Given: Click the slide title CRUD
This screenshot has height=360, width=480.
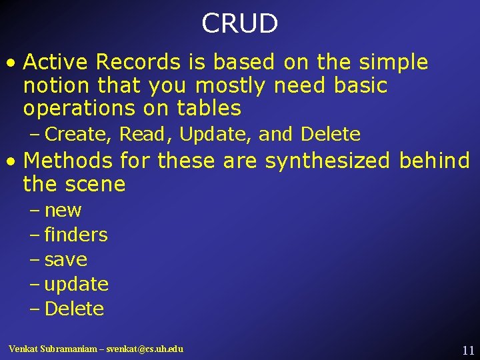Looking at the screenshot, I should click(239, 24).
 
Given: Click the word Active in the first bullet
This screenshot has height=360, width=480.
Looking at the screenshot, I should click(56, 62).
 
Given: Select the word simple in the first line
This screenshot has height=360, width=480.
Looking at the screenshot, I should click(393, 62).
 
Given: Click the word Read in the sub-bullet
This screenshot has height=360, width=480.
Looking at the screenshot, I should click(143, 135).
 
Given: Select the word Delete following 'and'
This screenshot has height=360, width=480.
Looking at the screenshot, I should click(331, 135).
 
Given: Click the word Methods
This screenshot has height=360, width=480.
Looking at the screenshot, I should click(68, 161).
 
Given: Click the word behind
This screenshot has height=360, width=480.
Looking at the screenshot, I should click(434, 161).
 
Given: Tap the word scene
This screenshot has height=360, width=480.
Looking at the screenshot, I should click(93, 184).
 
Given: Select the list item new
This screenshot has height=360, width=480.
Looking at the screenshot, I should click(63, 211).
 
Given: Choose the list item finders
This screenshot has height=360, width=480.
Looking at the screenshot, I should click(75, 235).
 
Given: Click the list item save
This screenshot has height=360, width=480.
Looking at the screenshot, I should click(65, 259).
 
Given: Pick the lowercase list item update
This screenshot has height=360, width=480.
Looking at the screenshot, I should click(76, 285).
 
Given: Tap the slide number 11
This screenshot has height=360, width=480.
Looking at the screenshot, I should click(467, 350).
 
